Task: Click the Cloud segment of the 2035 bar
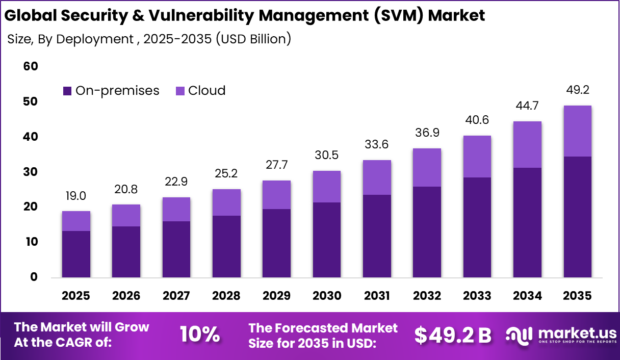click(x=578, y=131)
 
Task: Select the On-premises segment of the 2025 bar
click(x=76, y=254)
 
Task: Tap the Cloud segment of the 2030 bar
click(x=327, y=187)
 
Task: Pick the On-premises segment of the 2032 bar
click(x=427, y=232)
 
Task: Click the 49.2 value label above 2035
click(x=578, y=90)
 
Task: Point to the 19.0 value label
click(x=76, y=196)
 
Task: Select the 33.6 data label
click(x=377, y=145)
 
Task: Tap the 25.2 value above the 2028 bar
click(x=227, y=174)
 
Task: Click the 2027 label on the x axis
click(x=176, y=296)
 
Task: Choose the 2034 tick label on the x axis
click(x=528, y=296)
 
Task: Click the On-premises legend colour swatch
click(x=67, y=91)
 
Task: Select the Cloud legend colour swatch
click(x=180, y=91)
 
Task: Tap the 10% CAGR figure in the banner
click(x=200, y=335)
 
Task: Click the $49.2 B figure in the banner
click(x=452, y=335)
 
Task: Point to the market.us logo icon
click(x=518, y=335)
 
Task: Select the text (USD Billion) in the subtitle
click(x=253, y=39)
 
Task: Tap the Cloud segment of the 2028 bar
click(x=227, y=202)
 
